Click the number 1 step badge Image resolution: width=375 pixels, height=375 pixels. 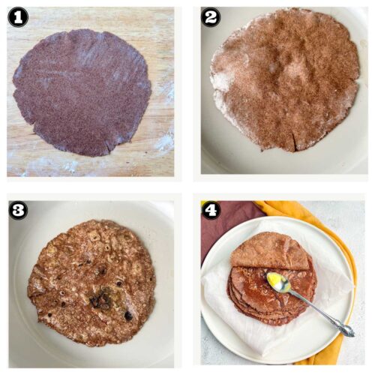pos(18,16)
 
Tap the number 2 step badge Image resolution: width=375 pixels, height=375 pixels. pos(211,16)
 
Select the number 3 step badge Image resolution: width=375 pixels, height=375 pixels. pos(18,210)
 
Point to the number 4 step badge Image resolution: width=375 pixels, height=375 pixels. pos(211,210)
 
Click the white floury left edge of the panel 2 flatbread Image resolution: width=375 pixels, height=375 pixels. pos(220,90)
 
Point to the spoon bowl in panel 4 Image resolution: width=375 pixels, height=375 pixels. pos(279,283)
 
